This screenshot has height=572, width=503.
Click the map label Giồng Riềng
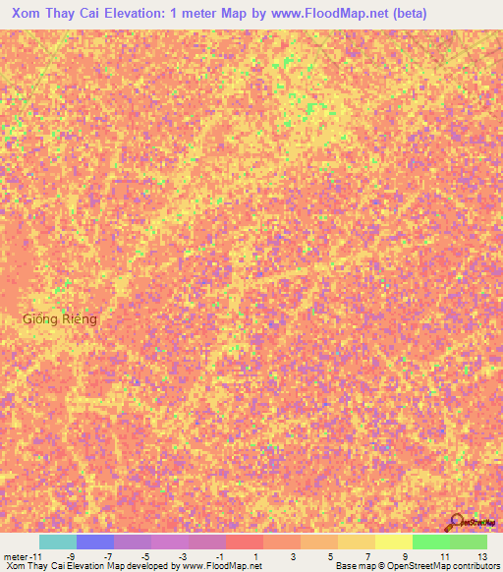[60, 319]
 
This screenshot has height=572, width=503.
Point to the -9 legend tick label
[70, 556]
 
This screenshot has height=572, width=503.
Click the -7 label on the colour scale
[108, 556]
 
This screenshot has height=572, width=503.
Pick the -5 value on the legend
[145, 556]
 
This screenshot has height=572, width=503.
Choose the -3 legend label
[183, 556]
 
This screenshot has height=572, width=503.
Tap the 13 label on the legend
[481, 556]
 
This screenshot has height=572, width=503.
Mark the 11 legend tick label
[444, 556]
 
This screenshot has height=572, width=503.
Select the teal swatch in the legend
[58, 542]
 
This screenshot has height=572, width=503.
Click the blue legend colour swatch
[95, 542]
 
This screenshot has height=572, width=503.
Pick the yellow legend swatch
[394, 542]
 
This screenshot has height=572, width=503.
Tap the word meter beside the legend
[16, 556]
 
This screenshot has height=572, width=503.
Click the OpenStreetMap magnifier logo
[459, 522]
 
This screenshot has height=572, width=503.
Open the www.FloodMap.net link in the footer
[220, 567]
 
